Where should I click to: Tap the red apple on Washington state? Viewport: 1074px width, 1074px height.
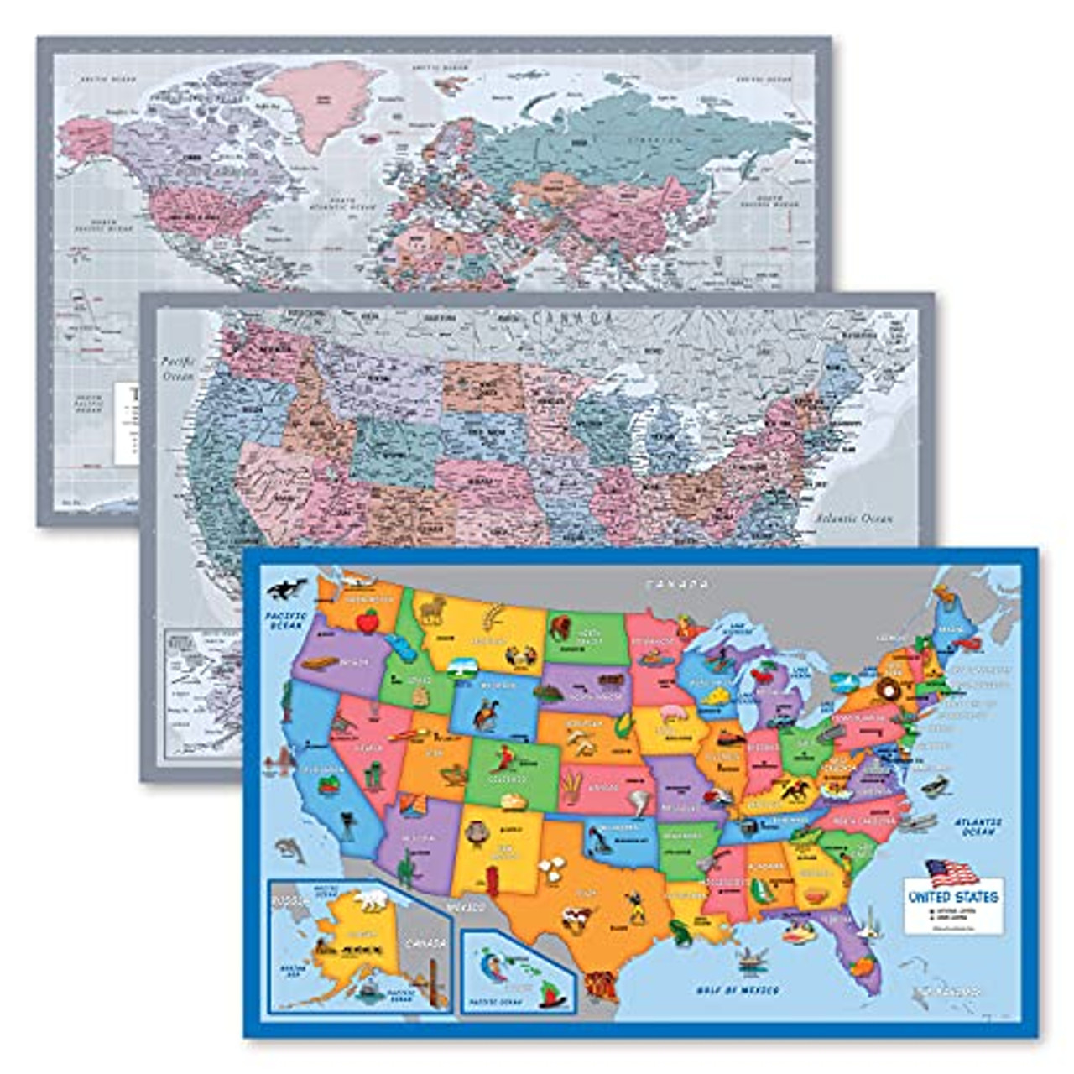pyautogui.click(x=368, y=620)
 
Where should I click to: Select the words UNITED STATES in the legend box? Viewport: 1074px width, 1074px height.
pyautogui.click(x=953, y=896)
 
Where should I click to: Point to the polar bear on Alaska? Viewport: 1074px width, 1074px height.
pyautogui.click(x=370, y=900)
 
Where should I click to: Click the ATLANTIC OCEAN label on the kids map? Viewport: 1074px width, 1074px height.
pyautogui.click(x=978, y=826)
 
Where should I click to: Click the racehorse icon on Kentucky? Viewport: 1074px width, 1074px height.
pyautogui.click(x=793, y=789)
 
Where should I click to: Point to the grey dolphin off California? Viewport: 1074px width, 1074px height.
pyautogui.click(x=289, y=850)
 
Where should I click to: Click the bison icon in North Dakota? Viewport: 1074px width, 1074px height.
pyautogui.click(x=560, y=625)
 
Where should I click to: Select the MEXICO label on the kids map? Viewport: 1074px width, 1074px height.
pyautogui.click(x=467, y=908)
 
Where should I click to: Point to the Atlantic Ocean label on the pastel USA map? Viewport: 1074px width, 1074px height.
pyautogui.click(x=853, y=519)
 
